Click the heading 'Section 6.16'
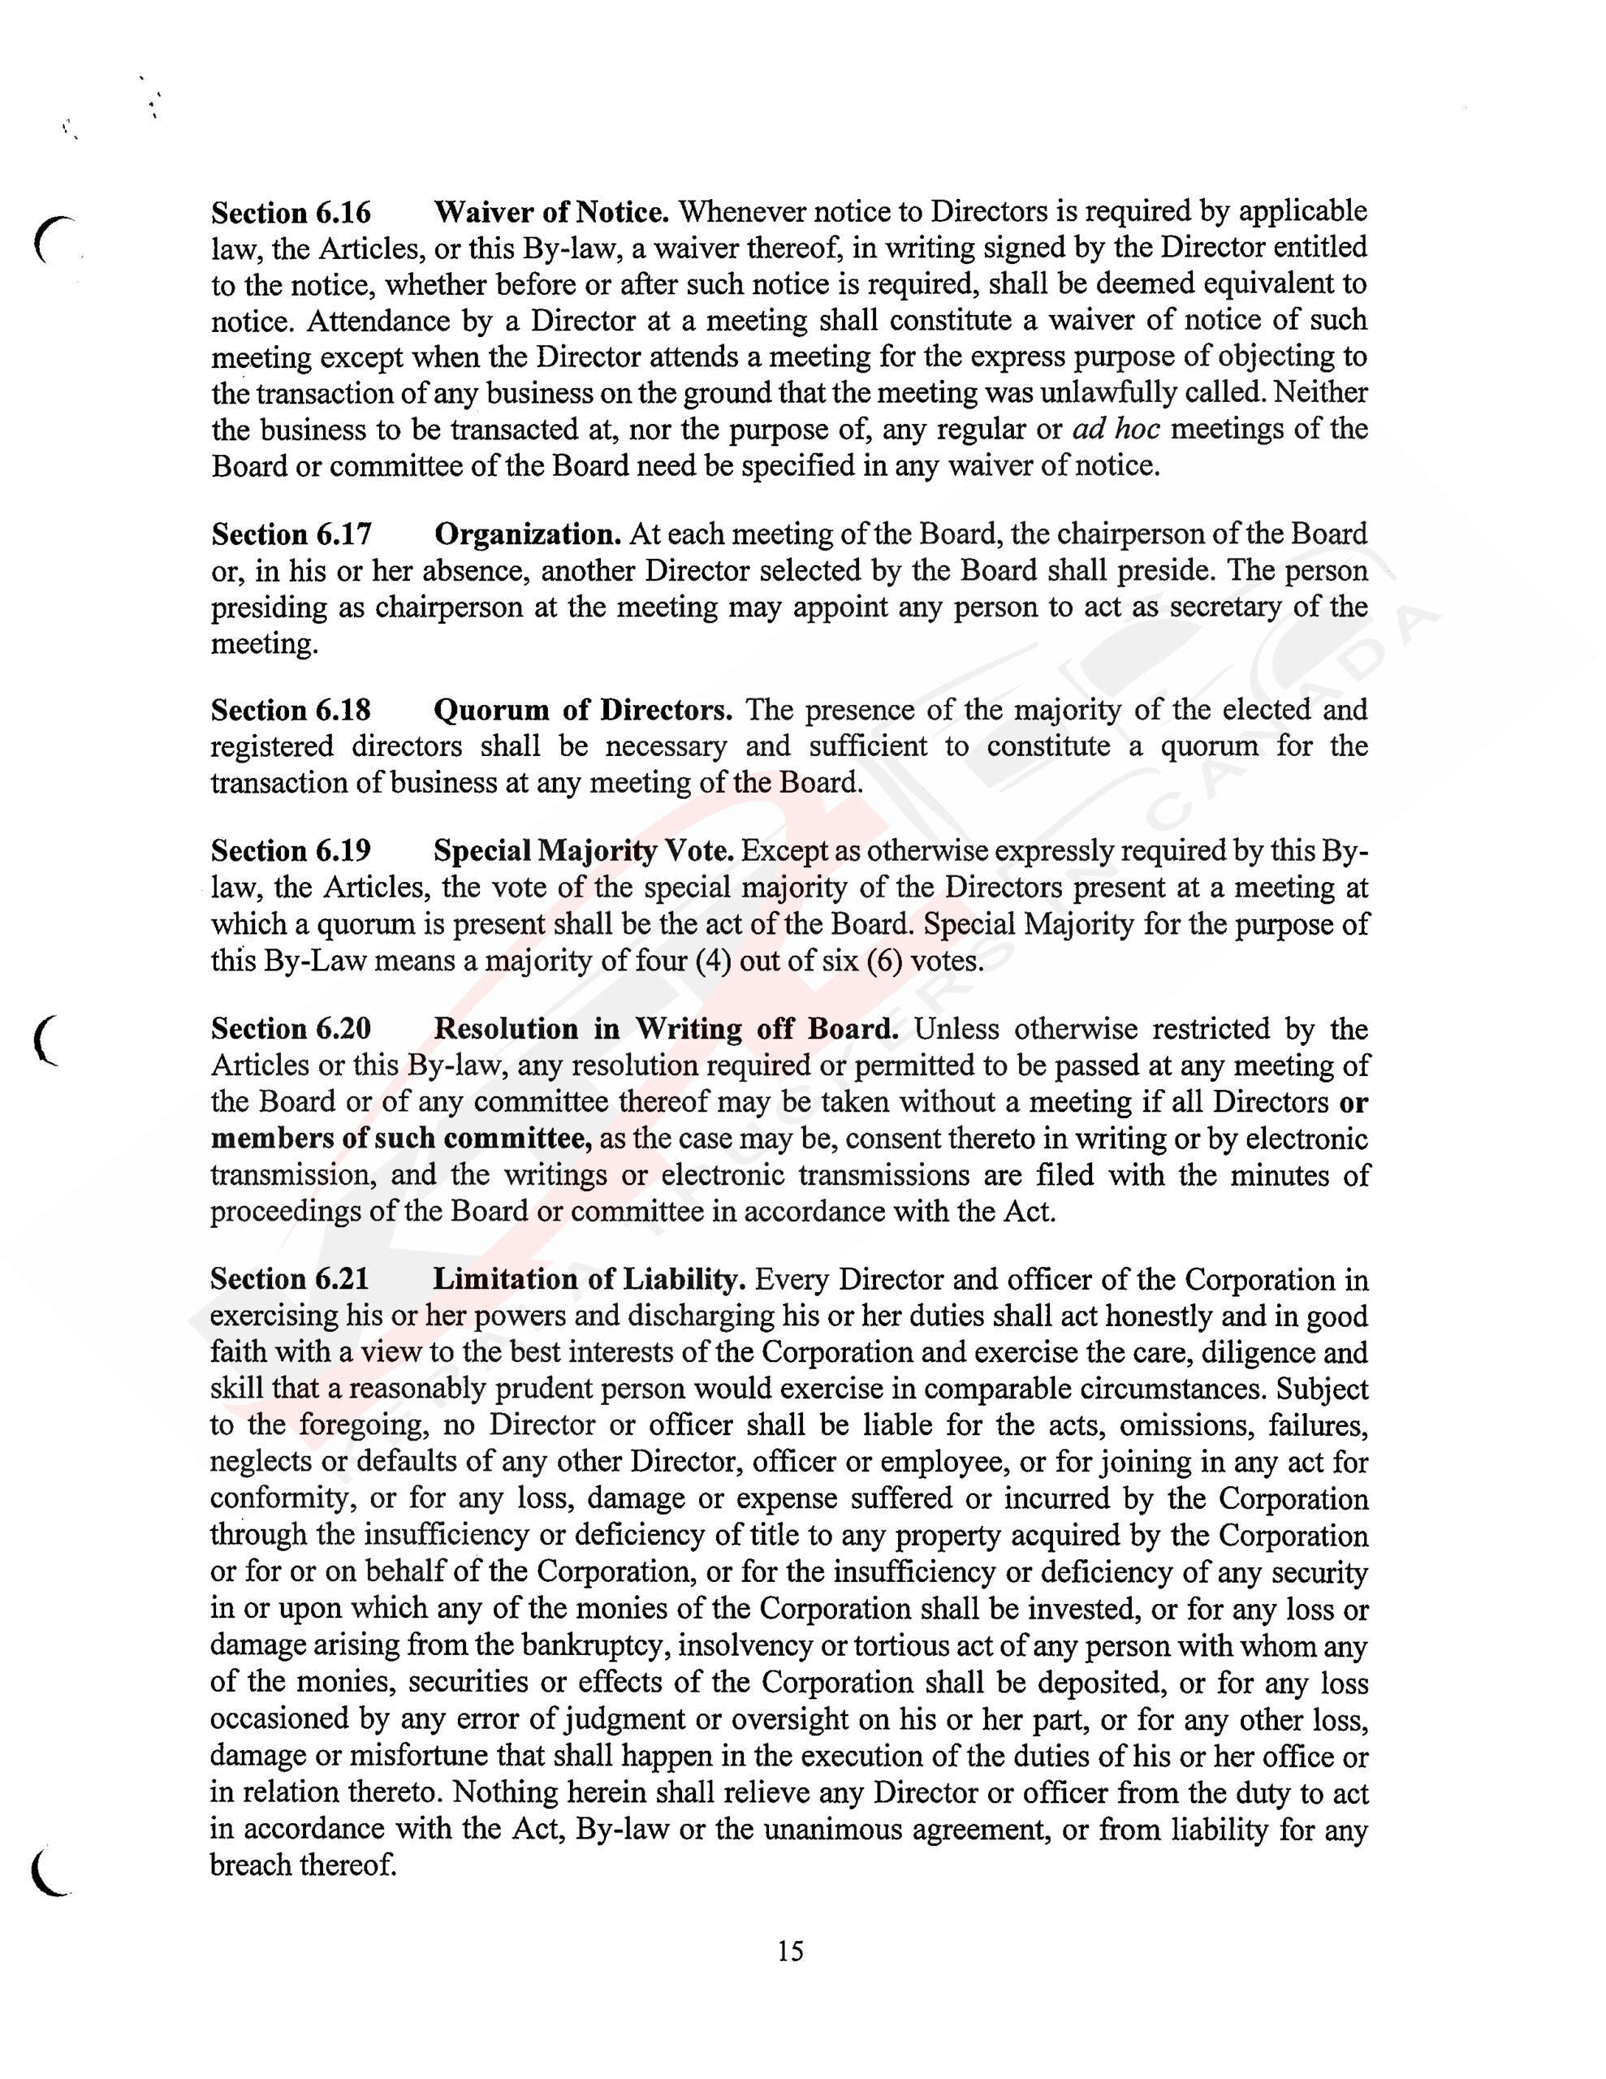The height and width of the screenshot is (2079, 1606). point(291,211)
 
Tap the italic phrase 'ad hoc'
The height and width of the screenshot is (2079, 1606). point(1116,430)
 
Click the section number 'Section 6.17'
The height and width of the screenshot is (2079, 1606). point(291,534)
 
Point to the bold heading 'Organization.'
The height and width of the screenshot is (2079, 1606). point(528,534)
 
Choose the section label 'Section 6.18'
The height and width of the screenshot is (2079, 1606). point(291,710)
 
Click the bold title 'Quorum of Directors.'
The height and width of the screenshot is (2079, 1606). point(583,710)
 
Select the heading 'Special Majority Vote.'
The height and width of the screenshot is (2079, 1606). point(584,850)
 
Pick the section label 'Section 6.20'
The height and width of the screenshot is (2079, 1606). point(291,1029)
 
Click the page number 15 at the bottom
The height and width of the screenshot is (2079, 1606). point(790,1952)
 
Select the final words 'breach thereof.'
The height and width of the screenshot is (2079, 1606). point(303,1865)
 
